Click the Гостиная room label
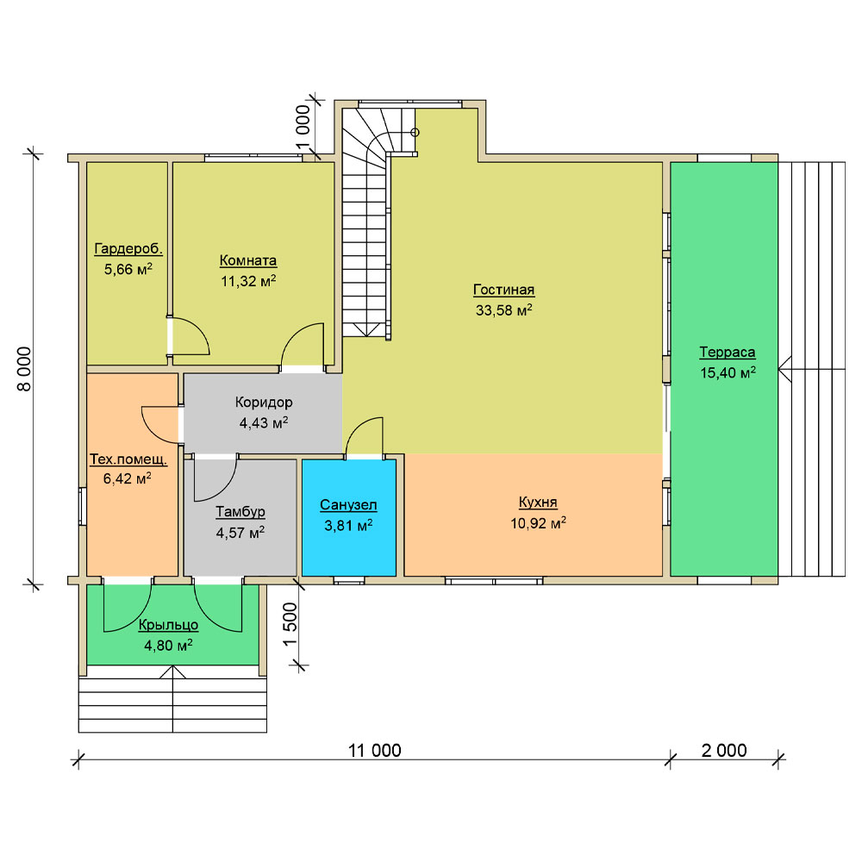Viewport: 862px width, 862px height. click(x=503, y=290)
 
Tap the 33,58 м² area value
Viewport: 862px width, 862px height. click(x=504, y=310)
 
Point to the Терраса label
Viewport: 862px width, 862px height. click(x=728, y=352)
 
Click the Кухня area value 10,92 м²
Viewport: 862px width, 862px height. click(x=538, y=523)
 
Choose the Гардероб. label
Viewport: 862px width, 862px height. click(x=128, y=249)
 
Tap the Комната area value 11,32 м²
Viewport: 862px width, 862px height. click(x=248, y=281)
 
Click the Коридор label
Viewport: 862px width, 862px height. click(x=264, y=403)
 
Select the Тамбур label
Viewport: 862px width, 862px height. click(x=240, y=512)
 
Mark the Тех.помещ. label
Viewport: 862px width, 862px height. click(x=128, y=459)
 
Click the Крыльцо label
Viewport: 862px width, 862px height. click(x=168, y=625)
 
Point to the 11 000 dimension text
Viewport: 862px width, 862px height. click(x=375, y=751)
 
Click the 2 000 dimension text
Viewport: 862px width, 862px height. click(x=724, y=751)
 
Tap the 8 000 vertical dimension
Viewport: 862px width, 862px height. click(x=25, y=369)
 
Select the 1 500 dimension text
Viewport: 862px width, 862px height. click(x=290, y=625)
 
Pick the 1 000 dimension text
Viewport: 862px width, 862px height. click(x=303, y=128)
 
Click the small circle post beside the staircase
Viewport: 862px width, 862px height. click(x=415, y=133)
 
